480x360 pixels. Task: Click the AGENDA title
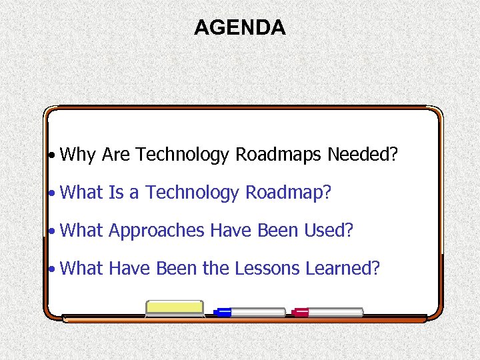click(239, 27)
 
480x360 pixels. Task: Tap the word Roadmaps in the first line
click(278, 155)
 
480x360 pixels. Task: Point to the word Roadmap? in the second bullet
click(289, 193)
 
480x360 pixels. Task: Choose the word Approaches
click(157, 231)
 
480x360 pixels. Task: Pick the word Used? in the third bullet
click(328, 231)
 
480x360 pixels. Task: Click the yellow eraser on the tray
click(174, 308)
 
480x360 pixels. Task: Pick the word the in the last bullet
click(216, 268)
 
